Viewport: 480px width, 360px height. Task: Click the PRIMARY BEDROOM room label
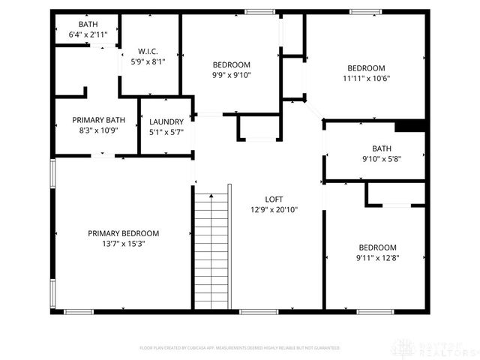(x=123, y=233)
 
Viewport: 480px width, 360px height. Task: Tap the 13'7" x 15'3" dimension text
(x=123, y=244)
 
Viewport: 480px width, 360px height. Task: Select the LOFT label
(x=274, y=199)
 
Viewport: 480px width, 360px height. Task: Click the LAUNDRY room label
(x=166, y=122)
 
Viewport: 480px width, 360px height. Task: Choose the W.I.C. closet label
(x=147, y=52)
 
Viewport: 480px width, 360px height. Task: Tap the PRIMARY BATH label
(x=98, y=120)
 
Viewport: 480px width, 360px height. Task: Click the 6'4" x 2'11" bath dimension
(x=78, y=34)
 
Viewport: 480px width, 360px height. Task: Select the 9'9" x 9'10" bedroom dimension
(x=231, y=75)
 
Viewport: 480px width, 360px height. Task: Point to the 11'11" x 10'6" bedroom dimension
(x=367, y=78)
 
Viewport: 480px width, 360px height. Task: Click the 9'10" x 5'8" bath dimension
(x=381, y=158)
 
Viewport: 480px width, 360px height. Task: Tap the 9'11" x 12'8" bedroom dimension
(x=376, y=259)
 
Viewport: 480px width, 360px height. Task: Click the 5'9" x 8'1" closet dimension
(x=147, y=62)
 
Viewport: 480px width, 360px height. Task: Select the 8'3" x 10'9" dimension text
(x=98, y=130)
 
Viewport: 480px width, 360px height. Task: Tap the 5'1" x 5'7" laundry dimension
(x=166, y=133)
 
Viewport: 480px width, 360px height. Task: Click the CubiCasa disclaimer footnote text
(x=240, y=348)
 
